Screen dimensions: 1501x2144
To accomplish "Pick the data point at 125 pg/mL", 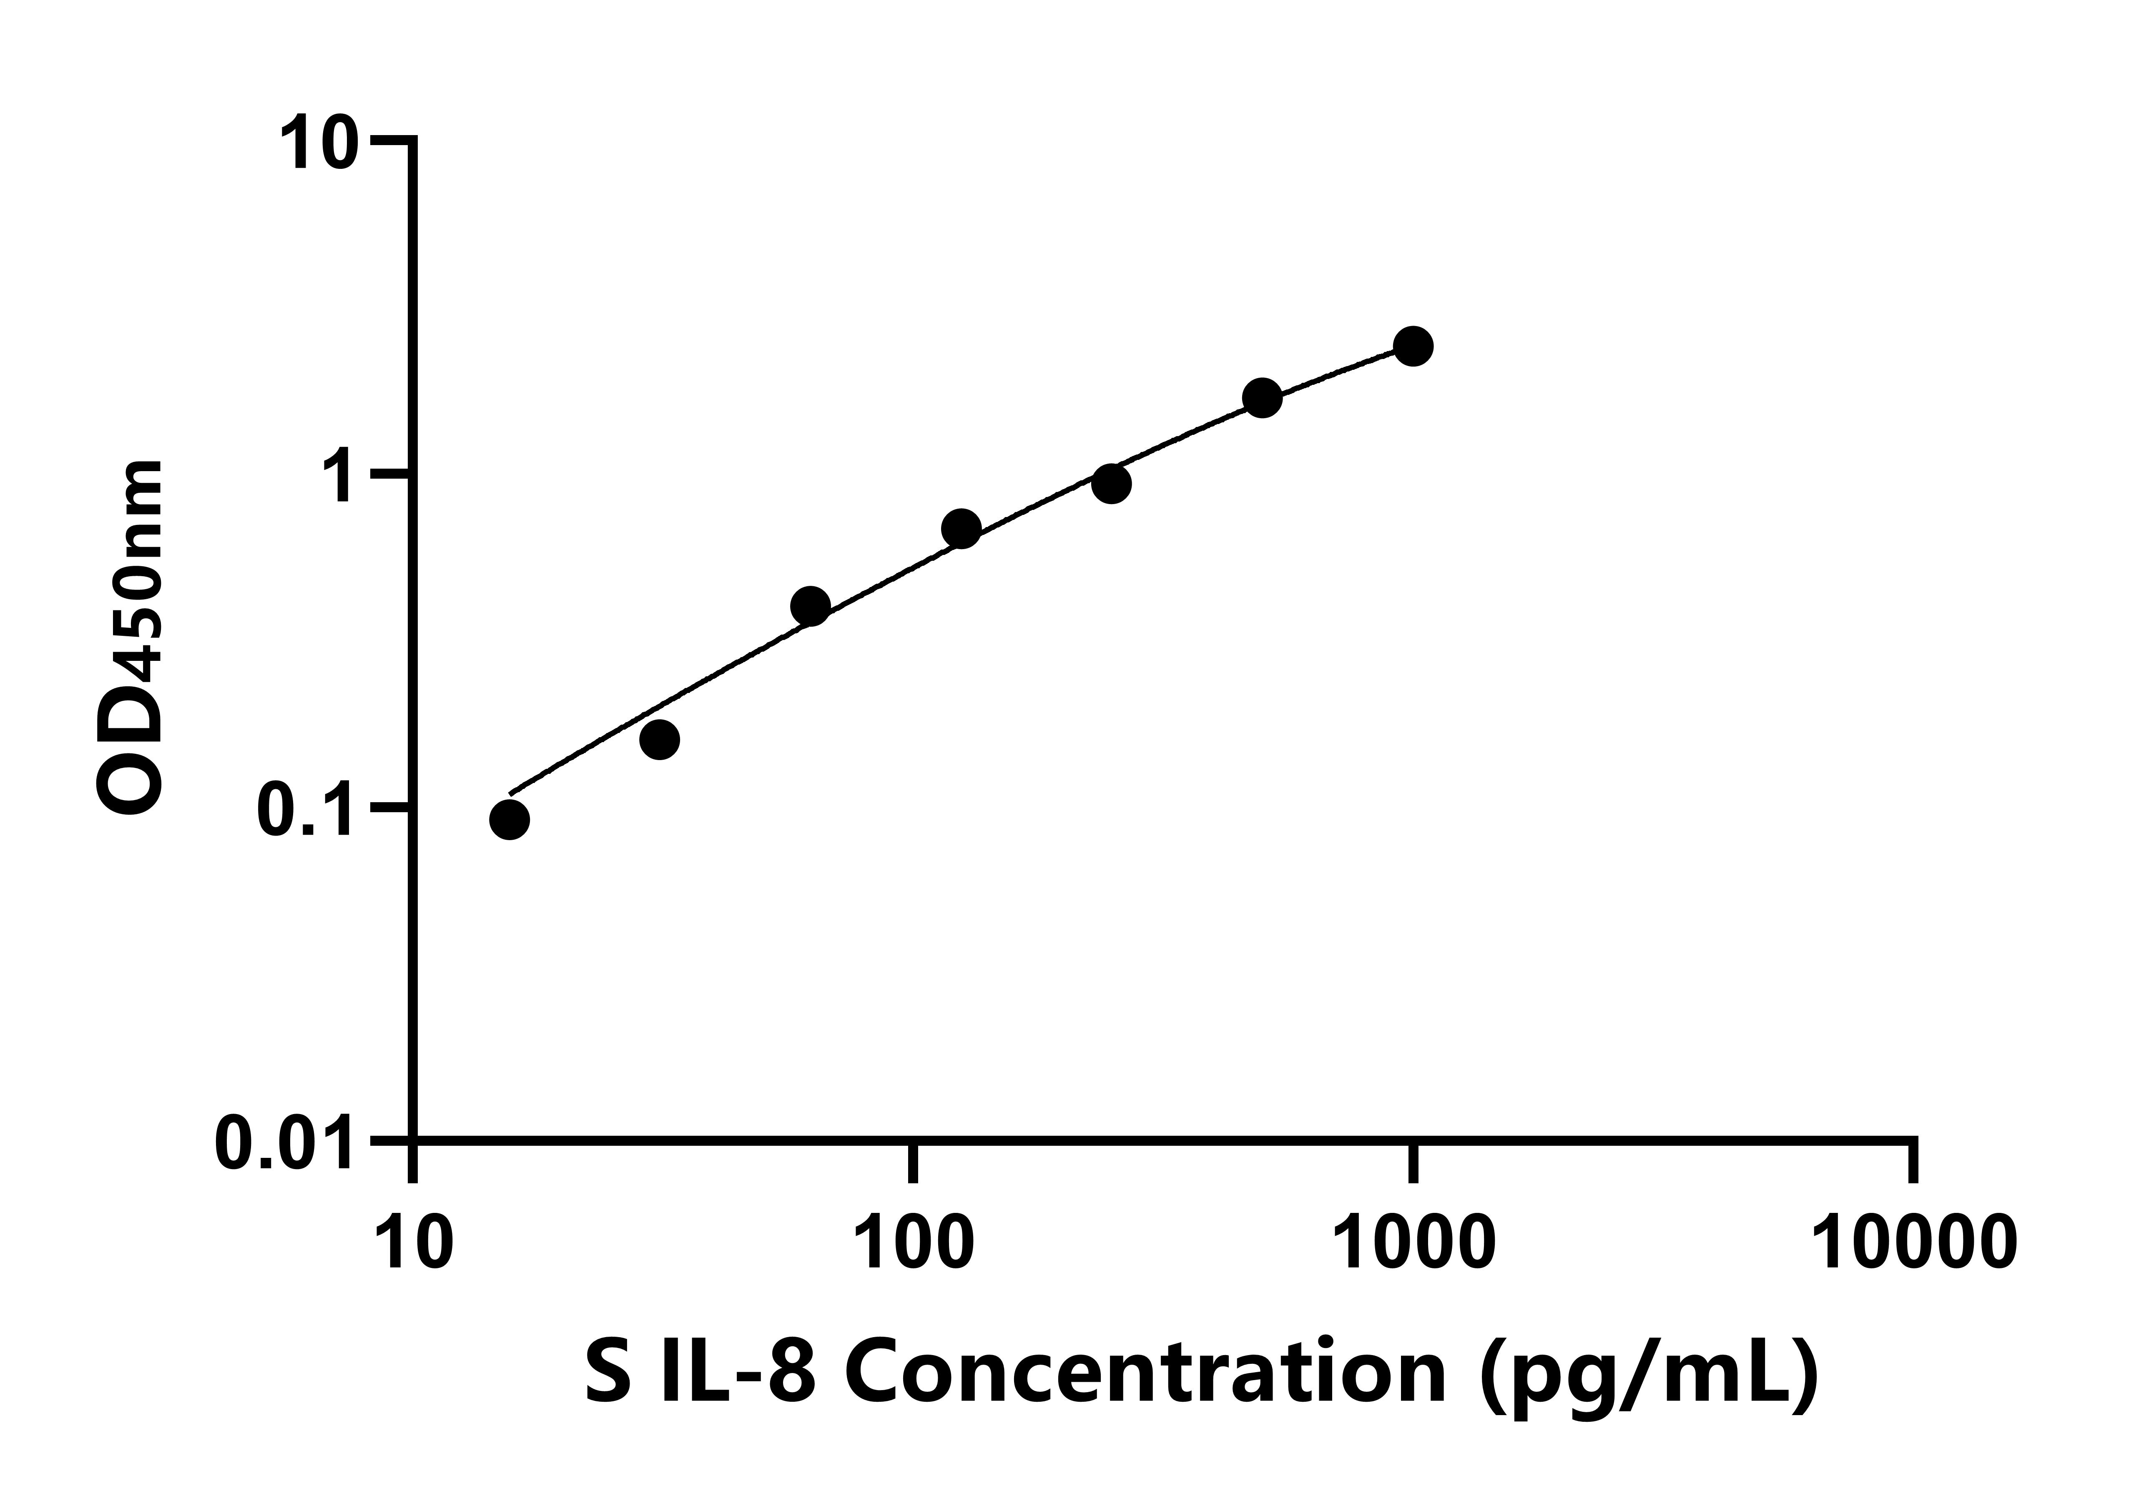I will [961, 530].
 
